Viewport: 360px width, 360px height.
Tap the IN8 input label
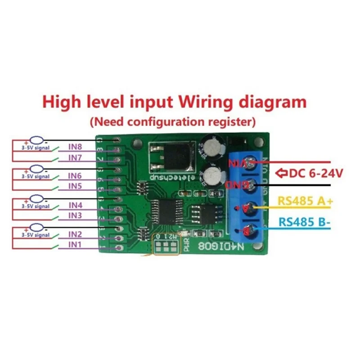coord(75,147)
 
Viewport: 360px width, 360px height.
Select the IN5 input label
coord(75,186)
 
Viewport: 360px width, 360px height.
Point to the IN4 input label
coord(75,206)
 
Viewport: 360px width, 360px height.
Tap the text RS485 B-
coord(304,221)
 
